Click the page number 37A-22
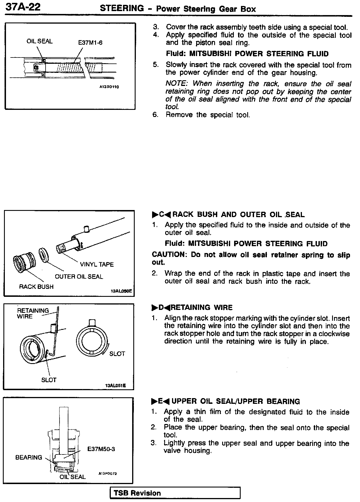pos(23,7)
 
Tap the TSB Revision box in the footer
pos(175,493)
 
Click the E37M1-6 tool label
pos(90,43)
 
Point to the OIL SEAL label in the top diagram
pos(40,41)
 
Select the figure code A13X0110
pos(109,87)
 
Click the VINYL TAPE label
pos(97,264)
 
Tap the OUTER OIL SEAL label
pos(79,277)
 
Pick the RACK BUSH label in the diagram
pos(36,287)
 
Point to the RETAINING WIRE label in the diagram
pos(33,313)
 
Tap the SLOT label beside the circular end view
pos(117,354)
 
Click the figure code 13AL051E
pos(115,386)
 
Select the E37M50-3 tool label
pos(101,449)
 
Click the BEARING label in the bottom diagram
pos(28,457)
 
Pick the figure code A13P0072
pos(108,474)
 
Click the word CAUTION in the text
pos(168,255)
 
